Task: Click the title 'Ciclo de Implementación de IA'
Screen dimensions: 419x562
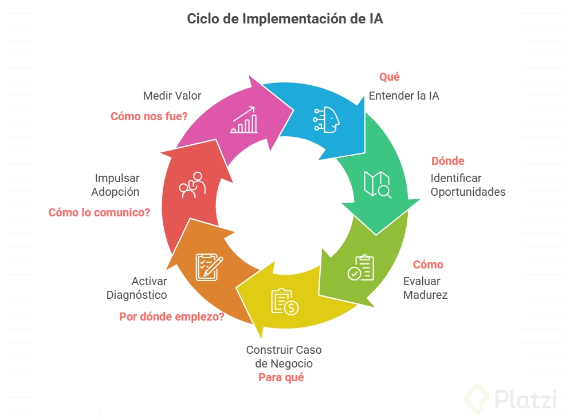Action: (x=285, y=19)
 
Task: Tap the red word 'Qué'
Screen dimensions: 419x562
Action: (x=389, y=77)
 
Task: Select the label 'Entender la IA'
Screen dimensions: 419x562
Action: (x=403, y=96)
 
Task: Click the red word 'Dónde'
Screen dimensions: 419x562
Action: (x=447, y=161)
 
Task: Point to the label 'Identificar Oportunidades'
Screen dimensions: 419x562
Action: (x=467, y=185)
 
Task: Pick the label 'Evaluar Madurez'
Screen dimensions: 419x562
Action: (x=425, y=288)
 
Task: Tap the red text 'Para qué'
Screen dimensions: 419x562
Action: (x=281, y=377)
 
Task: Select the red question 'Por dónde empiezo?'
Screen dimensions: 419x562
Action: (x=171, y=317)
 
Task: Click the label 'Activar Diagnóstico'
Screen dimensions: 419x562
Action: (x=137, y=288)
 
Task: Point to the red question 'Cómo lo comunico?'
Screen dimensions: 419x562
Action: (x=99, y=212)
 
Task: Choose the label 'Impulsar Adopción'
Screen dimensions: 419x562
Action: (x=116, y=185)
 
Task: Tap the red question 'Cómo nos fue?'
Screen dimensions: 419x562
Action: (x=149, y=116)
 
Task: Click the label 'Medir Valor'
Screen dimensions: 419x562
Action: (x=172, y=96)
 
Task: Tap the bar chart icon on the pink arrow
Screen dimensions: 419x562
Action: (x=244, y=120)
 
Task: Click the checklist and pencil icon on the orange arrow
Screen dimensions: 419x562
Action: (x=209, y=266)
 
